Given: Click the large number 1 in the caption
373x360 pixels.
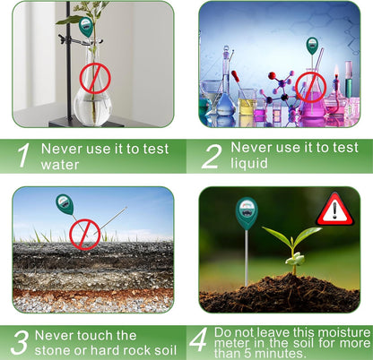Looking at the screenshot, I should [x=25, y=155].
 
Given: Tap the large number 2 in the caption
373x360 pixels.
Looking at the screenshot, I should [x=211, y=155].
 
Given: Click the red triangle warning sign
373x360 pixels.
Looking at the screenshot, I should [x=334, y=210].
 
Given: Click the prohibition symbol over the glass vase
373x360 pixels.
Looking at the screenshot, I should [x=94, y=78].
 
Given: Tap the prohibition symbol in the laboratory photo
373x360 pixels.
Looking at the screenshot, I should [x=311, y=87].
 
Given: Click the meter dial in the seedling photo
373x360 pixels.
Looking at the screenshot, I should [x=246, y=214].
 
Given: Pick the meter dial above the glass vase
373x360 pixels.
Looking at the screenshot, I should [x=86, y=27].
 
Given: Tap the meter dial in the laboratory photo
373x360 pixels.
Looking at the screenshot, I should [x=311, y=44].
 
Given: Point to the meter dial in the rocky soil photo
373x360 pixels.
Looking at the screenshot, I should [x=65, y=205].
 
